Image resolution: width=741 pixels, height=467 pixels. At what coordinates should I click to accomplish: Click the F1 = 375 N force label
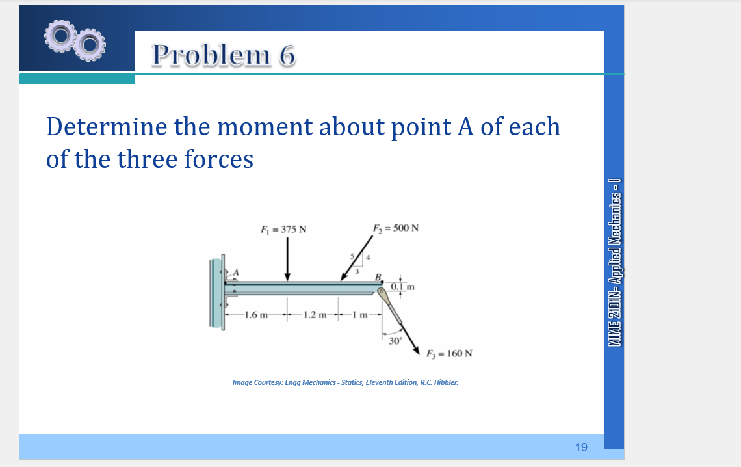283,229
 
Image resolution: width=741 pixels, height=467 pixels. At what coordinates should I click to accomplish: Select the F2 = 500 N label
395,228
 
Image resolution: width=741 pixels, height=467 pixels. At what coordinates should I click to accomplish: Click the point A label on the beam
236,271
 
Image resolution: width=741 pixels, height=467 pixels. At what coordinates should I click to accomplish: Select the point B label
377,276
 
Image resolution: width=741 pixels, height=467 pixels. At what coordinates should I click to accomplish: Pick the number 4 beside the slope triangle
367,260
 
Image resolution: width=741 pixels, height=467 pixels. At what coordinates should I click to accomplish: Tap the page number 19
581,447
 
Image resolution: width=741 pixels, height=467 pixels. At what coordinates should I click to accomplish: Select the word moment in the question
265,126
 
